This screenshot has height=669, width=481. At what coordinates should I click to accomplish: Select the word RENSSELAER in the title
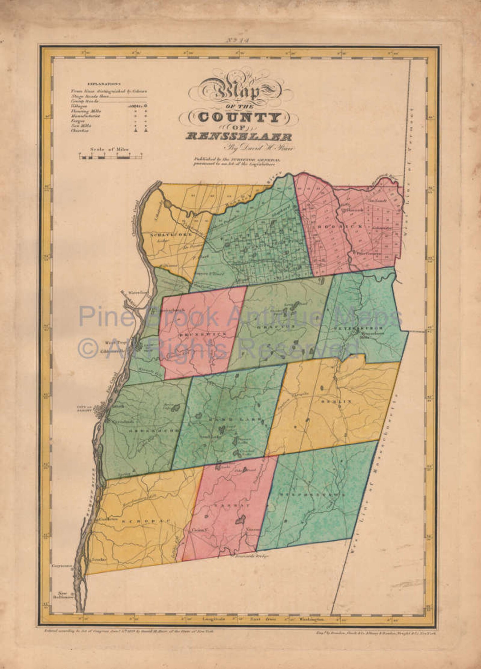click(x=239, y=137)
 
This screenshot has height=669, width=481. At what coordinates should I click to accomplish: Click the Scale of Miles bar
click(x=111, y=157)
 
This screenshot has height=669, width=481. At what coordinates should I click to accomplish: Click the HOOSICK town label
click(x=327, y=226)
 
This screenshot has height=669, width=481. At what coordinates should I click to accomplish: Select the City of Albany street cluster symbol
click(x=100, y=412)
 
